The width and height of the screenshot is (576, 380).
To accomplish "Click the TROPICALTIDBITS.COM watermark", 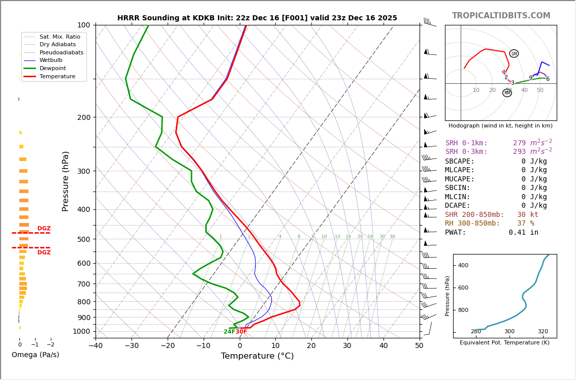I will click(x=501, y=16).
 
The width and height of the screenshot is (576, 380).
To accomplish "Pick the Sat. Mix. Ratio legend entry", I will click(x=59, y=37).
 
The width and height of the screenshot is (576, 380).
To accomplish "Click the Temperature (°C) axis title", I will click(x=257, y=357).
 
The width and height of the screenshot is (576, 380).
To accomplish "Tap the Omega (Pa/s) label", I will click(x=35, y=355).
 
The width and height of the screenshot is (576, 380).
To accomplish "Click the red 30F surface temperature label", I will click(x=241, y=332).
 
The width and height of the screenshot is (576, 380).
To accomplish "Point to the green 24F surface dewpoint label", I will click(x=229, y=332).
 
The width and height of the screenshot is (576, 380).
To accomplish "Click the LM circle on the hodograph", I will click(x=514, y=53).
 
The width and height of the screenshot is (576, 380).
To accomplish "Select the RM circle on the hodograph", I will click(x=507, y=93).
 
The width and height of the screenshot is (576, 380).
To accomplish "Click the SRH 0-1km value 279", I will click(x=519, y=143).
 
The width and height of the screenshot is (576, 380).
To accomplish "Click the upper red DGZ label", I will click(x=44, y=229).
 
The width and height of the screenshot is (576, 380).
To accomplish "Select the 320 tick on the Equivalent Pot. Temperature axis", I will click(x=543, y=332).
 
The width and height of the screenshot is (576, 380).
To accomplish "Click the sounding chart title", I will click(x=257, y=18).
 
